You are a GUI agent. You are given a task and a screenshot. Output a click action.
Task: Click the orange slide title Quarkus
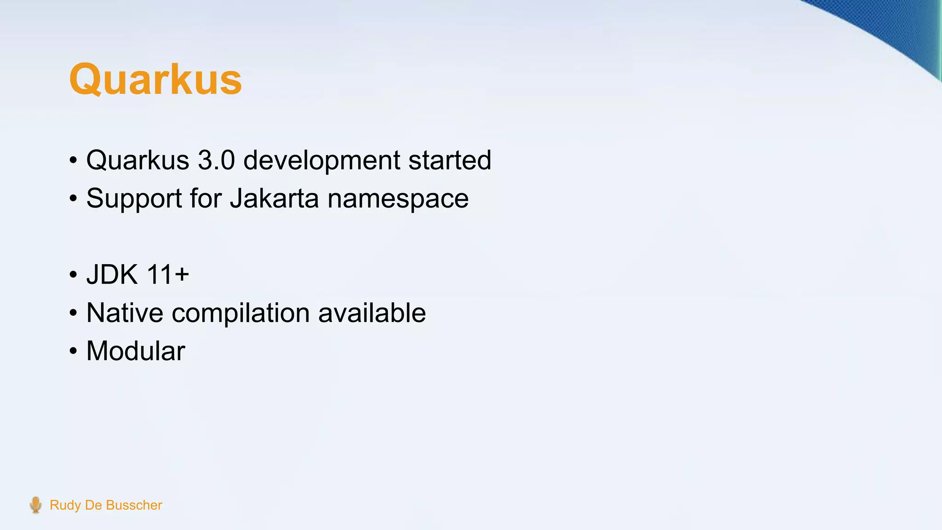[x=155, y=79]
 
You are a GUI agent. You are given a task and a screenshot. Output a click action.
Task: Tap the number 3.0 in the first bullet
[x=216, y=160]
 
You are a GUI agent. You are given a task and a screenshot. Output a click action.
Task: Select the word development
[x=322, y=161]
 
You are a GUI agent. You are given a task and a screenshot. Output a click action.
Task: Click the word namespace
[x=398, y=199]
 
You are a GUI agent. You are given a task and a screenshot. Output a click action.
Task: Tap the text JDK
[x=112, y=275]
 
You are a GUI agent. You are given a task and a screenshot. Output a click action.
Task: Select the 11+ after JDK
[x=168, y=275]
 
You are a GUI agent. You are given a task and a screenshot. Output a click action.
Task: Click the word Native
[x=125, y=313]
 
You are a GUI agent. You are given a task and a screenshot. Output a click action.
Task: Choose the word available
[x=372, y=313]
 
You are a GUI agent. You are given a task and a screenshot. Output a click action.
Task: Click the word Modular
[x=136, y=351]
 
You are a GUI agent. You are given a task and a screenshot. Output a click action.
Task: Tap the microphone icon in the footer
[x=35, y=505]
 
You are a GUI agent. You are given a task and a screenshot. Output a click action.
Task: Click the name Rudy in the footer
[x=65, y=505]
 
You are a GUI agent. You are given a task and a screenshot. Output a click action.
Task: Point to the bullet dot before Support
[x=73, y=199]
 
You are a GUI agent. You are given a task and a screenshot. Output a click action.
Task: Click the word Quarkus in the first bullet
[x=138, y=160]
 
